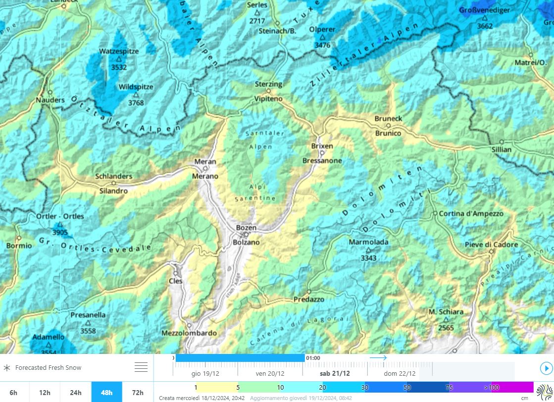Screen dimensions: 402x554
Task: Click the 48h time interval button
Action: click(106, 392)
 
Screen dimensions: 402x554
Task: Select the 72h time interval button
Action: click(138, 392)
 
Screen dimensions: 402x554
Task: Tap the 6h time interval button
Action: click(13, 392)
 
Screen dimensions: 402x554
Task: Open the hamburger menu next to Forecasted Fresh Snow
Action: click(141, 367)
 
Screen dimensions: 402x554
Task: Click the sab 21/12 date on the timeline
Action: click(335, 373)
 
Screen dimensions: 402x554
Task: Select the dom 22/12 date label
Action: click(400, 373)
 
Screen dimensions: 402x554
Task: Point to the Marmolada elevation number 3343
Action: click(368, 258)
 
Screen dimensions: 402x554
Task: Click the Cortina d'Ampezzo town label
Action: click(471, 213)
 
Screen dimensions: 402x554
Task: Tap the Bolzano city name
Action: click(246, 242)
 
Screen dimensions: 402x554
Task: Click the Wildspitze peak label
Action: click(136, 87)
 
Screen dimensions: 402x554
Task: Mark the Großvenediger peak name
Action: click(484, 10)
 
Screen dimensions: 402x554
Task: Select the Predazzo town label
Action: click(309, 300)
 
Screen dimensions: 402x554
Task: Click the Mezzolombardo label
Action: click(189, 333)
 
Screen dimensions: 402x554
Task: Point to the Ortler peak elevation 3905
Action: click(60, 232)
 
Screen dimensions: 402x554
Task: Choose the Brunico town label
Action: click(388, 133)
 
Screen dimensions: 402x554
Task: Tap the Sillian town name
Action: click(501, 149)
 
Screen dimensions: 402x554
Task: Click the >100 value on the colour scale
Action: click(492, 387)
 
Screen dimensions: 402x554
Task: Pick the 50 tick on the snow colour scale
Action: click(407, 387)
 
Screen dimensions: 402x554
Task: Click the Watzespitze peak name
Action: click(119, 51)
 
